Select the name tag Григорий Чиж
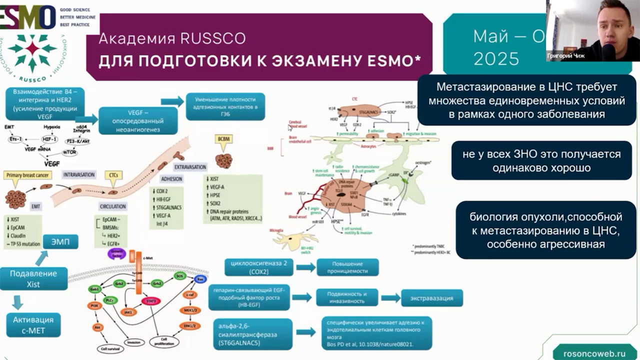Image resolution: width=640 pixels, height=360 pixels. click(x=565, y=56)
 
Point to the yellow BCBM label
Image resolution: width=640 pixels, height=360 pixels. click(x=223, y=141)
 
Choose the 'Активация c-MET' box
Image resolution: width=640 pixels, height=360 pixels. click(x=33, y=324)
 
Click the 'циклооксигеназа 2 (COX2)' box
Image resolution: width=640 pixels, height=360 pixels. click(x=258, y=267)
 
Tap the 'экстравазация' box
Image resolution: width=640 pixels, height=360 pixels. click(x=431, y=298)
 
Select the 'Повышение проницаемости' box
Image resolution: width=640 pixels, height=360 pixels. click(x=347, y=267)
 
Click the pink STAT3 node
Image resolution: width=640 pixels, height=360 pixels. click(x=150, y=301)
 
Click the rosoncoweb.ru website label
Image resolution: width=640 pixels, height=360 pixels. click(x=594, y=352)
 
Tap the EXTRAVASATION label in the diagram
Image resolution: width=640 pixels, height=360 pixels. click(x=190, y=166)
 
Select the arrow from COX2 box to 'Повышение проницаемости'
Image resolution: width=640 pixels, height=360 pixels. click(x=305, y=267)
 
